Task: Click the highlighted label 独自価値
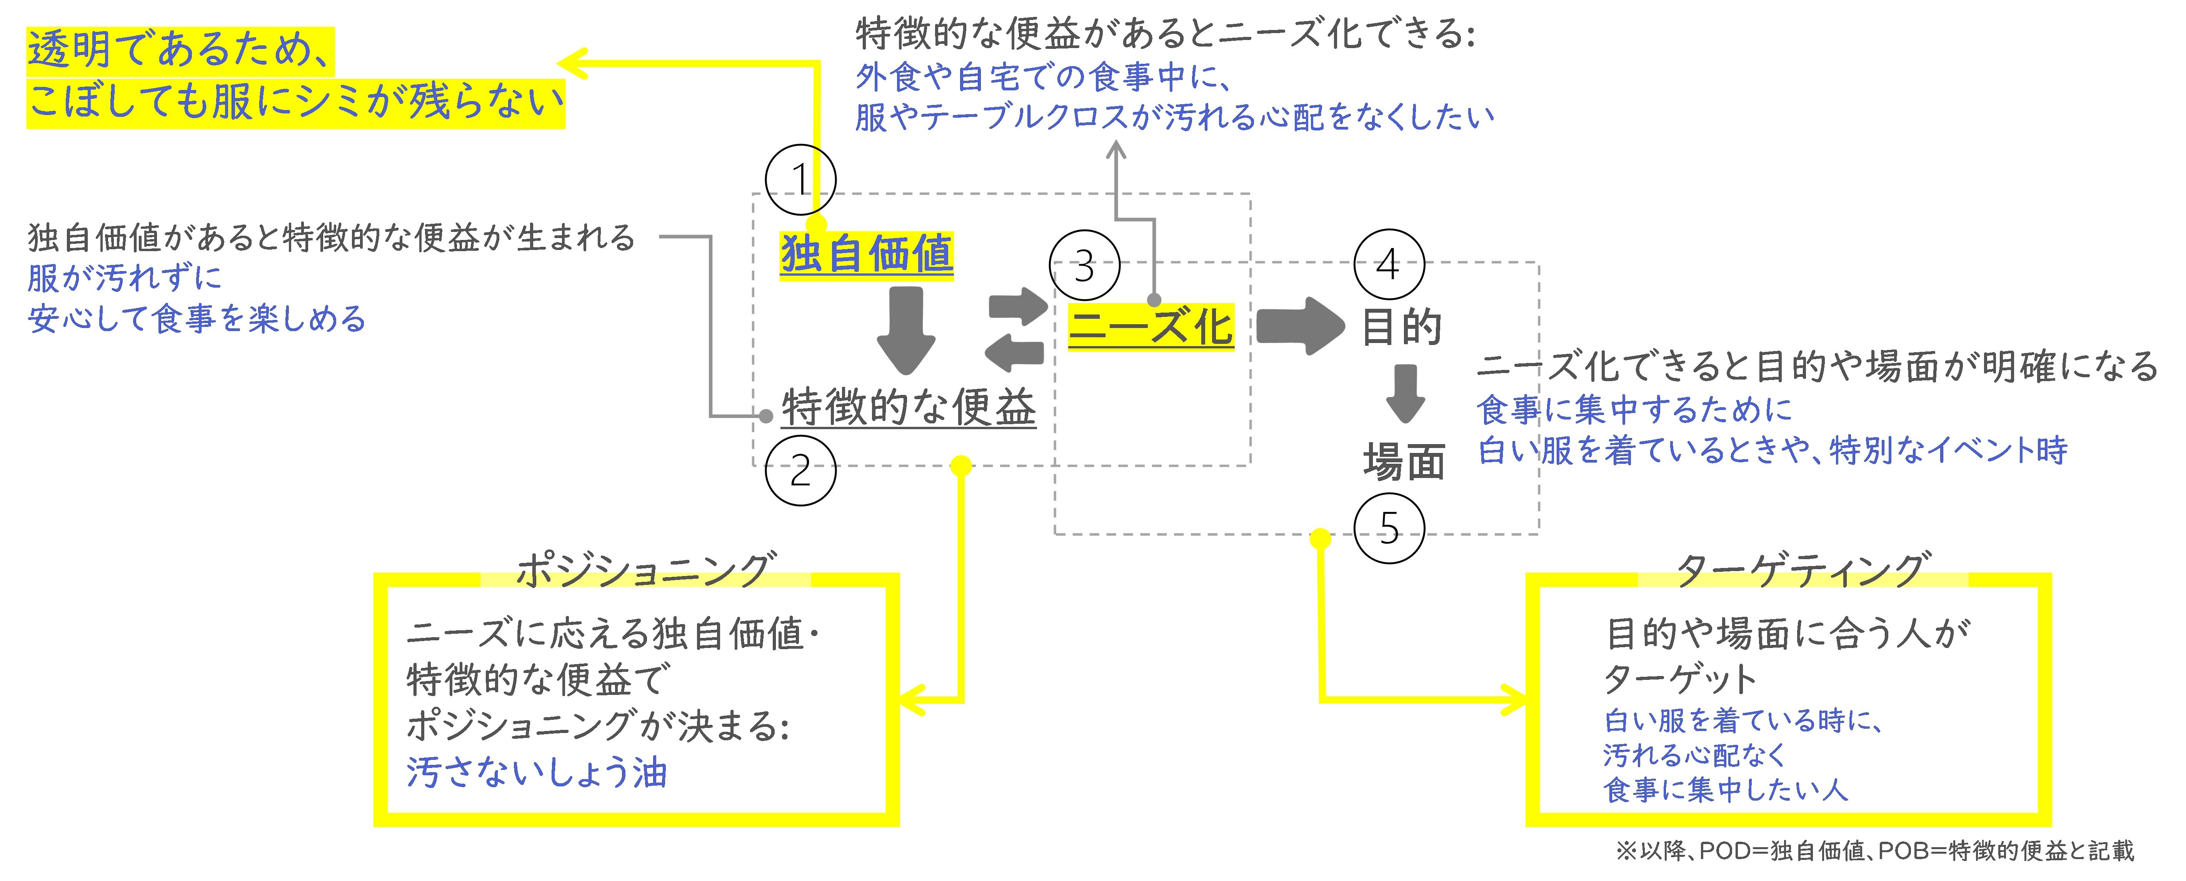866,254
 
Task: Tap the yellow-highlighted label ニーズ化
1151,327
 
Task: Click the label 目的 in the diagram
1402,327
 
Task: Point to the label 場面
1404,463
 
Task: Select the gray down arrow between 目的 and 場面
1405,393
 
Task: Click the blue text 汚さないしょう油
536,772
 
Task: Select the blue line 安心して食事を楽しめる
197,319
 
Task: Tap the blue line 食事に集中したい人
1724,790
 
